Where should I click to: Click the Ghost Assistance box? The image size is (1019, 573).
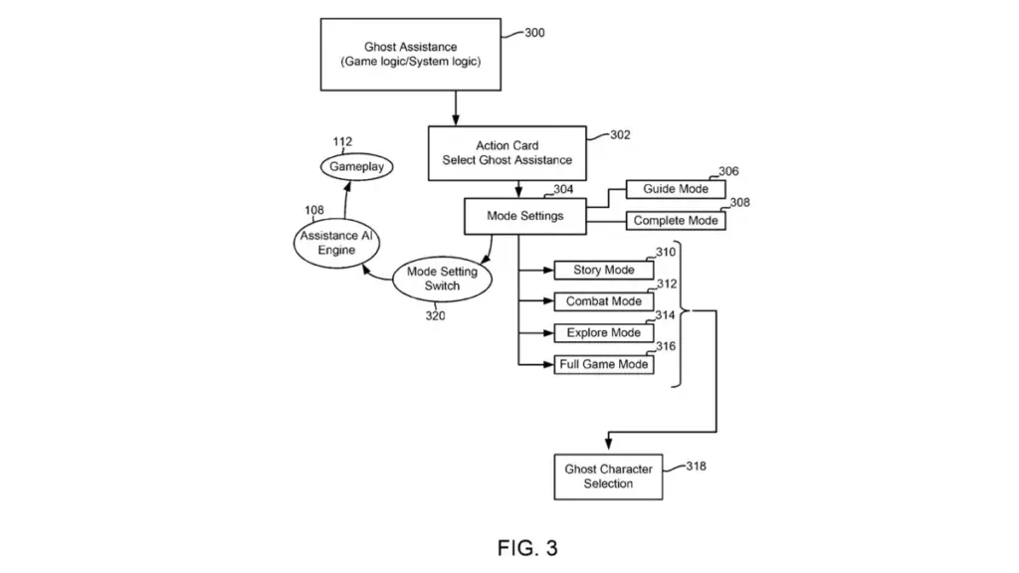tap(411, 54)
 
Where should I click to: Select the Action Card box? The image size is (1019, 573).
tap(507, 153)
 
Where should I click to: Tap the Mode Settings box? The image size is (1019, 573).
tap(524, 216)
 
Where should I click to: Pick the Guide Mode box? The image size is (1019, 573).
tap(676, 189)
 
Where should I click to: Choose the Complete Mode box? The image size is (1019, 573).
tap(676, 221)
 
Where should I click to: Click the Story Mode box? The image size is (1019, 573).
tap(604, 270)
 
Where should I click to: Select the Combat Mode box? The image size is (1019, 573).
tap(604, 301)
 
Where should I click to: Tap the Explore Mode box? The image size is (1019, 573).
tap(604, 333)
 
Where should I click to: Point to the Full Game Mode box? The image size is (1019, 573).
tap(604, 365)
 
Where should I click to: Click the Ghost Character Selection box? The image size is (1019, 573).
tap(608, 477)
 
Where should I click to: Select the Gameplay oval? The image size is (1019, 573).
tap(357, 167)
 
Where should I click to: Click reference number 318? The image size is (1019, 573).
tap(696, 465)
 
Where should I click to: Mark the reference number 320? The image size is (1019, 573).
tap(435, 316)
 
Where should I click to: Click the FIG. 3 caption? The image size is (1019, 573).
tap(527, 547)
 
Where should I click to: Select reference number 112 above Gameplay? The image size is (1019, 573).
tap(343, 142)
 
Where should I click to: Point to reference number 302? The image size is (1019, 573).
tap(619, 135)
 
